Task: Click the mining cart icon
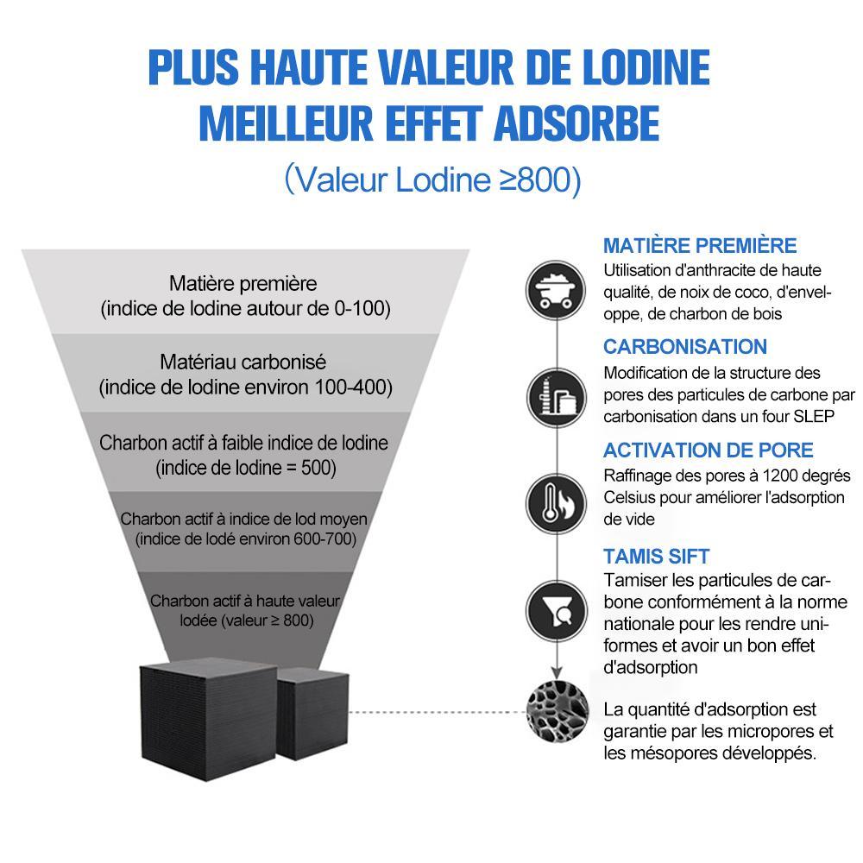click(555, 290)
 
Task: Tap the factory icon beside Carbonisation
click(557, 397)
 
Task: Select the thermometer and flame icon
click(556, 503)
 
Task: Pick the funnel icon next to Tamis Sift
click(557, 611)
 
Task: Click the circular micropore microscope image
click(557, 712)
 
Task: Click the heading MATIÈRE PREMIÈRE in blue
click(700, 245)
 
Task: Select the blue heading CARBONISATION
click(684, 347)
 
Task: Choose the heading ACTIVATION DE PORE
click(708, 450)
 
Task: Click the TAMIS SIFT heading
click(656, 557)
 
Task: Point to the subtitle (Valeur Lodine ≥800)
click(432, 180)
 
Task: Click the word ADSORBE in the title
click(576, 123)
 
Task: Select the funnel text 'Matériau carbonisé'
click(243, 362)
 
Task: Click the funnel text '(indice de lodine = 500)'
click(245, 468)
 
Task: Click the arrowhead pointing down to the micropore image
click(557, 672)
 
